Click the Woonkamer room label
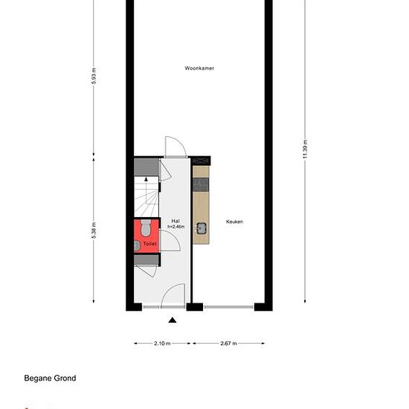[x=199, y=68]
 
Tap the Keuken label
[x=234, y=222]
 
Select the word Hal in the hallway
[x=175, y=221]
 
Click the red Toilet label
[x=149, y=244]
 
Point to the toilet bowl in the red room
[x=146, y=228]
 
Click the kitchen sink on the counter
[x=201, y=228]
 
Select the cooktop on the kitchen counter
[x=201, y=184]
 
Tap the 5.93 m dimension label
[x=94, y=76]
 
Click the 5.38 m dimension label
[x=94, y=231]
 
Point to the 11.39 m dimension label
[x=305, y=149]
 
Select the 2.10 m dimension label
[x=162, y=344]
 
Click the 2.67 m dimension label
[x=228, y=344]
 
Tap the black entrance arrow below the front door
[x=173, y=320]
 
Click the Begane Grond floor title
[x=50, y=379]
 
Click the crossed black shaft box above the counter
[x=200, y=161]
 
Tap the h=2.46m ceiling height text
[x=175, y=227]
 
